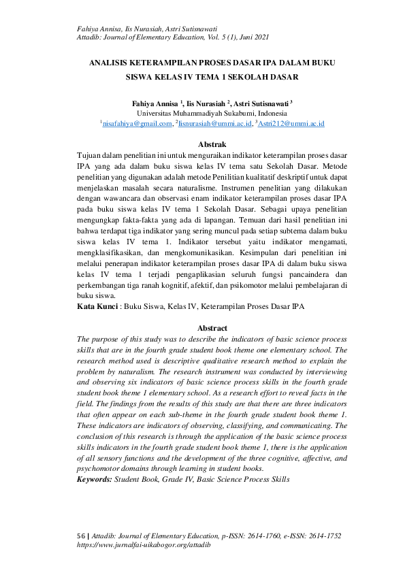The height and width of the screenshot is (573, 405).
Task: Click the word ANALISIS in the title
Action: (x=113, y=63)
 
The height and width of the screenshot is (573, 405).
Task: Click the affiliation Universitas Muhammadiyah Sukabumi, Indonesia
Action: (x=212, y=113)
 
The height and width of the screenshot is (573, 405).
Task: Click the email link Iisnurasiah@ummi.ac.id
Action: (x=214, y=124)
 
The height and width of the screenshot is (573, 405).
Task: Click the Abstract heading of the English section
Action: (x=212, y=328)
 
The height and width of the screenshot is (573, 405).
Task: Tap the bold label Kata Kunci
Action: (x=97, y=308)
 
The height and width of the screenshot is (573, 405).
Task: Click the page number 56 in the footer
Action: (x=80, y=536)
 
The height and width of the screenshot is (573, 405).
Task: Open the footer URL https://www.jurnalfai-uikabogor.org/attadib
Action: (x=144, y=546)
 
